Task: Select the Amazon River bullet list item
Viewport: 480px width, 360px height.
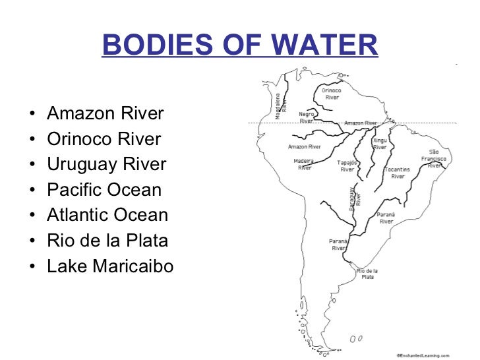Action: click(105, 114)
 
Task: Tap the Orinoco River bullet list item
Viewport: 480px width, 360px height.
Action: click(104, 139)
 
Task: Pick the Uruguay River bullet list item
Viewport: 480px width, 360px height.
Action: click(107, 164)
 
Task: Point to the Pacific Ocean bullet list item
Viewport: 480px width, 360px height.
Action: click(104, 190)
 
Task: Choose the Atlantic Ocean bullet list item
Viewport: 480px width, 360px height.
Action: click(107, 215)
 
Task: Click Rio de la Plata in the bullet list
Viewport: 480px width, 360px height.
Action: click(107, 241)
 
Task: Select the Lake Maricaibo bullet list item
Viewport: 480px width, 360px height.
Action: click(110, 266)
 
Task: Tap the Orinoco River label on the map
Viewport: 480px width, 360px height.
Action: click(332, 94)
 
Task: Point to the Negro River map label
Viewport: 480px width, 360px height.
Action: click(307, 117)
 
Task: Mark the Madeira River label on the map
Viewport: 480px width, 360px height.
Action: click(304, 164)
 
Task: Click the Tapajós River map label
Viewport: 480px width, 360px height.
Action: click(347, 165)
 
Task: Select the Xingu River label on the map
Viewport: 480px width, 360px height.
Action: click(380, 144)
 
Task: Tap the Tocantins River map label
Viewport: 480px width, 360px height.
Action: click(398, 173)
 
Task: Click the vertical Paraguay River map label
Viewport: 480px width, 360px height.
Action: click(355, 197)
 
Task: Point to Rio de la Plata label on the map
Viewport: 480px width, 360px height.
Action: click(367, 274)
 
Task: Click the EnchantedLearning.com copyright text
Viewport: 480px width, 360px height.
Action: click(423, 353)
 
